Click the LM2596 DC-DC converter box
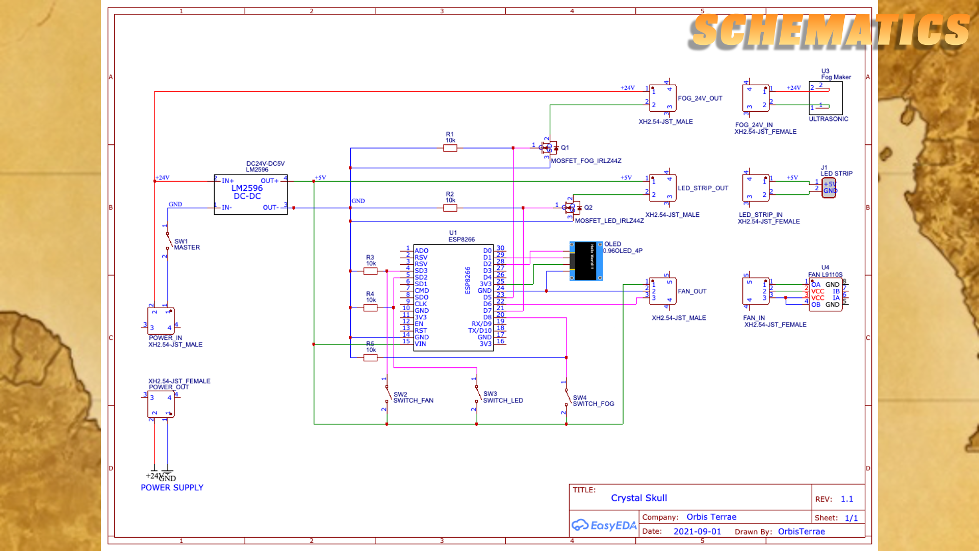(x=250, y=194)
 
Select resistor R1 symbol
(x=450, y=148)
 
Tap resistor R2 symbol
(x=450, y=208)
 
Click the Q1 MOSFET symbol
(x=549, y=148)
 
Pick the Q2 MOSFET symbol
(x=573, y=208)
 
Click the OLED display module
(x=586, y=261)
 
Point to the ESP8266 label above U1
(x=461, y=239)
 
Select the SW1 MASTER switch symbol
(x=167, y=240)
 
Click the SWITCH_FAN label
(x=413, y=401)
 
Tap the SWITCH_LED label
(x=503, y=401)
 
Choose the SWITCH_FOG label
(x=593, y=404)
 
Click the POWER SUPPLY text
(x=172, y=488)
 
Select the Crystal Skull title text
(x=639, y=498)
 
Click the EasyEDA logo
(x=604, y=525)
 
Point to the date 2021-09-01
(x=697, y=532)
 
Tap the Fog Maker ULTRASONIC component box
(x=826, y=98)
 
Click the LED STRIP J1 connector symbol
(x=829, y=188)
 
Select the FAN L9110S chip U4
(x=826, y=294)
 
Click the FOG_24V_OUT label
(x=700, y=98)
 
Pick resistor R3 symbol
(x=370, y=271)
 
